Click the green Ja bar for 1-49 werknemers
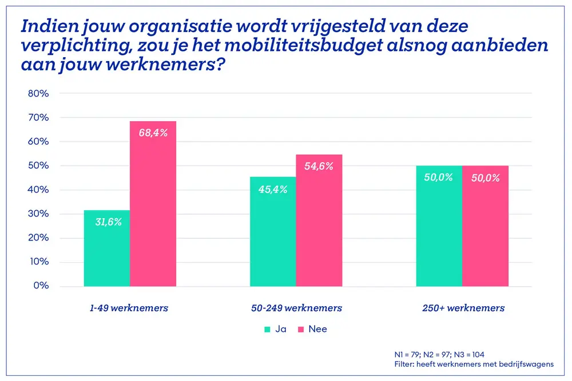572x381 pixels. click(107, 248)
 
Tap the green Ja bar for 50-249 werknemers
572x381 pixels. click(273, 231)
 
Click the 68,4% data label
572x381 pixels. click(153, 133)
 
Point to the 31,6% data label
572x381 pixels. click(107, 222)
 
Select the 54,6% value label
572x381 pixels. click(319, 167)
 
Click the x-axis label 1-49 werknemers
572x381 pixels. click(129, 308)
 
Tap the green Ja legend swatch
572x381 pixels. click(267, 329)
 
